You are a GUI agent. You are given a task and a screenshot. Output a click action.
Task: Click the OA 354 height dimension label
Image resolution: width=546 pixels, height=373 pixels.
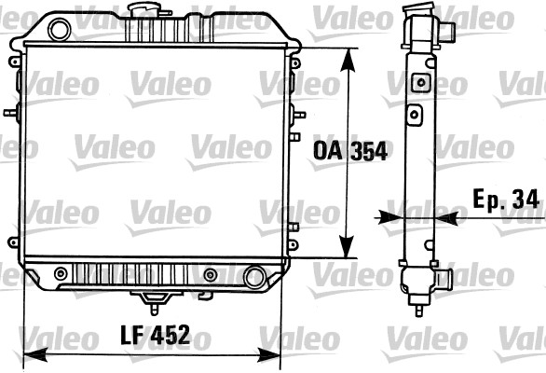pos(350,151)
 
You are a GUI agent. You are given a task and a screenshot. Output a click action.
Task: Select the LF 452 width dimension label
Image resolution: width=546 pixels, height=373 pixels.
pos(156,335)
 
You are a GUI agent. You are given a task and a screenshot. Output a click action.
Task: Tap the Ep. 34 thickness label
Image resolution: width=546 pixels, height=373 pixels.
pos(506,200)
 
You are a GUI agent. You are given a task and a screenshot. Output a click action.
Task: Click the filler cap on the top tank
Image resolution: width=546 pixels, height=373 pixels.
pos(144,8)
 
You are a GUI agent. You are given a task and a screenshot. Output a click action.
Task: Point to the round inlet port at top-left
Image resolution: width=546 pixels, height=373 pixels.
pos(60,30)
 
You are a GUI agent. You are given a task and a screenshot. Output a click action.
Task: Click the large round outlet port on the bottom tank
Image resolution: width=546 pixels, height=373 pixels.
pos(255,277)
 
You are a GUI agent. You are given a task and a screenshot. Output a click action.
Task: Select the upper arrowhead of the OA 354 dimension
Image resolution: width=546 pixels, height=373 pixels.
pos(348,60)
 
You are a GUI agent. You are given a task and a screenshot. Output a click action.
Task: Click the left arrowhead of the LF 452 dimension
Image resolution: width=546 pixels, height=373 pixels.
pos(34,355)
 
